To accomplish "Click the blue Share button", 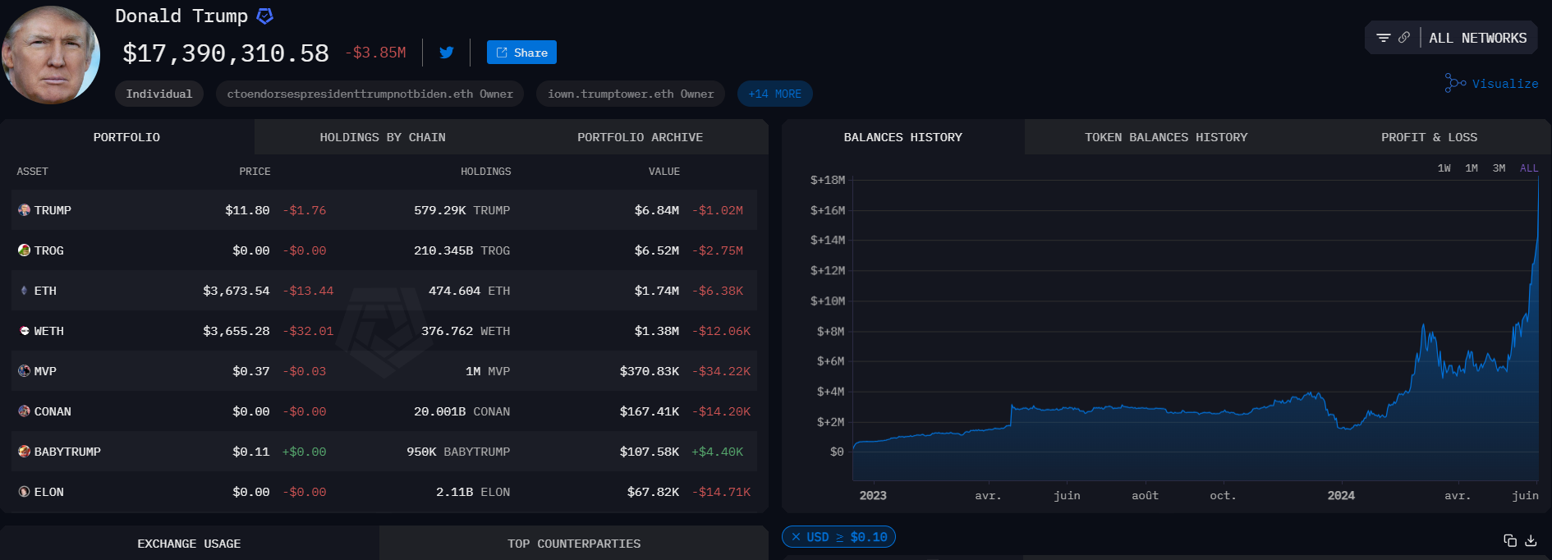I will [521, 53].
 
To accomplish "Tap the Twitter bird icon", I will [447, 53].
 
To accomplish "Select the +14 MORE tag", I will [774, 94].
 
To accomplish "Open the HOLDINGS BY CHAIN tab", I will [383, 137].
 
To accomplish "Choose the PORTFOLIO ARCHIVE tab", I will [640, 137].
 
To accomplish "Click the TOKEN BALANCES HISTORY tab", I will [1165, 137].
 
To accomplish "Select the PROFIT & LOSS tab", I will [1429, 137].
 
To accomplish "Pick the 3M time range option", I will [1499, 168].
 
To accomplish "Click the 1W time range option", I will [1444, 168].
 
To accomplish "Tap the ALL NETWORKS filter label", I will [1477, 39].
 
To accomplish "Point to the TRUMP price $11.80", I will [247, 210].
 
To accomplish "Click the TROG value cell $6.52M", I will [656, 250].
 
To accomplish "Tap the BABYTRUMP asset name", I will [67, 452].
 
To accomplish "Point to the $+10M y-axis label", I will [827, 301].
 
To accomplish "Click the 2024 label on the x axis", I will [1341, 496].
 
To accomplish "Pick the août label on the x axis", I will [1145, 496].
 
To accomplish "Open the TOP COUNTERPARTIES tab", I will [574, 544].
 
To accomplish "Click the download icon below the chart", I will [1531, 540].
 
